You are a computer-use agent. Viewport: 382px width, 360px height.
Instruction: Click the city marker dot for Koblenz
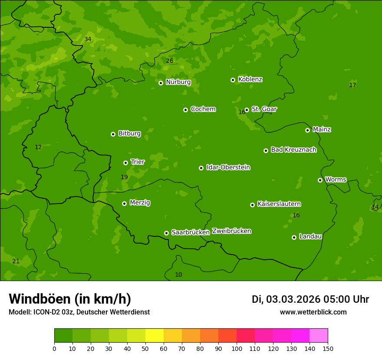tap(233, 80)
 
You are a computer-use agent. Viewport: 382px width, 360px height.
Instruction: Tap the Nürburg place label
tap(178, 82)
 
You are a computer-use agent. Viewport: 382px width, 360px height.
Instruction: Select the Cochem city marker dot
tap(185, 110)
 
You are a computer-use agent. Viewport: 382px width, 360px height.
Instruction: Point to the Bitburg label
tap(129, 134)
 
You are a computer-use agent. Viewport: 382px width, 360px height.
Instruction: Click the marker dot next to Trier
tap(125, 163)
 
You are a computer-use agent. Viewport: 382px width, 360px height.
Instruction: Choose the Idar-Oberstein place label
tap(228, 167)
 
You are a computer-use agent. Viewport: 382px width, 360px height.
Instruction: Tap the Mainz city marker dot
tap(307, 130)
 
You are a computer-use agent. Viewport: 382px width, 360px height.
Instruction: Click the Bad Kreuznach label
tap(293, 150)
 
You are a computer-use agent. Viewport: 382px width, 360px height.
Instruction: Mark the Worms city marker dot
tap(320, 180)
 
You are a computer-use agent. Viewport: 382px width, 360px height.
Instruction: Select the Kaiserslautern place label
tap(279, 204)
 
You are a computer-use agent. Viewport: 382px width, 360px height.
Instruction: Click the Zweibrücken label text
tap(231, 231)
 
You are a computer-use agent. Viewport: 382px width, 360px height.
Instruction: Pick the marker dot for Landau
tap(294, 237)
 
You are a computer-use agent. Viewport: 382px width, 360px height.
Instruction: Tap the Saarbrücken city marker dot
tap(166, 233)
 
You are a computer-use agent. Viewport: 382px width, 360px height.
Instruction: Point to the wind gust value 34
tap(88, 39)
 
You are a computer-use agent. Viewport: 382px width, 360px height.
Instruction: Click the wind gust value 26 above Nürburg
tap(169, 61)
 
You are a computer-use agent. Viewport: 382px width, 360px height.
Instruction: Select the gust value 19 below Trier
tap(124, 177)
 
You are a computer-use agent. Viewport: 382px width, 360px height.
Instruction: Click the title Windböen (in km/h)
tap(70, 299)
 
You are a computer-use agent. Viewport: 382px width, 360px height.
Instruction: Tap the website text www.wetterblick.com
tap(313, 312)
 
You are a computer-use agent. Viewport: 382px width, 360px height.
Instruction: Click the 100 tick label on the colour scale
tap(237, 348)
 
